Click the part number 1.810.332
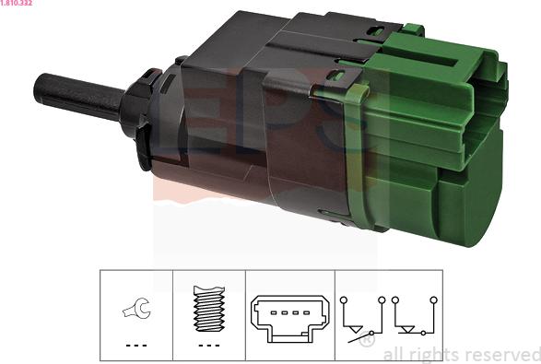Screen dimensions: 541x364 point(17,3)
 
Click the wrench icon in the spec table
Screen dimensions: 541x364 point(136,308)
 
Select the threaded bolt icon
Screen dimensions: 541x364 point(209,309)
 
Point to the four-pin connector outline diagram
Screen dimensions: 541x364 point(289,318)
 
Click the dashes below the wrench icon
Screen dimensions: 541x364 point(136,345)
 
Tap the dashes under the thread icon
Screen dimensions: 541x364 point(209,345)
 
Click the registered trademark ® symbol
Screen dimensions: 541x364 point(367,339)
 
